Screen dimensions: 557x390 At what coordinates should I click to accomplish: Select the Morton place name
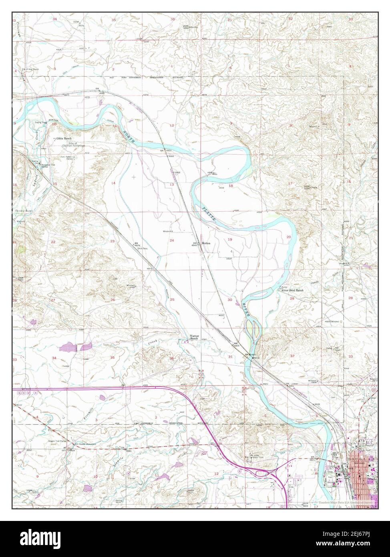(206, 243)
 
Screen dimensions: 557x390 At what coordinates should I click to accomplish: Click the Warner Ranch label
(194, 338)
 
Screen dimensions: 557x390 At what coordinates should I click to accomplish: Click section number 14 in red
(113, 183)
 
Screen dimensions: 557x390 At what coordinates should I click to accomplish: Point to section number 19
(230, 239)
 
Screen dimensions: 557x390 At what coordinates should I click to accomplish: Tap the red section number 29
(292, 299)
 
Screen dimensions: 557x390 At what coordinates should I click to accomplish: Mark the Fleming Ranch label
(23, 210)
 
